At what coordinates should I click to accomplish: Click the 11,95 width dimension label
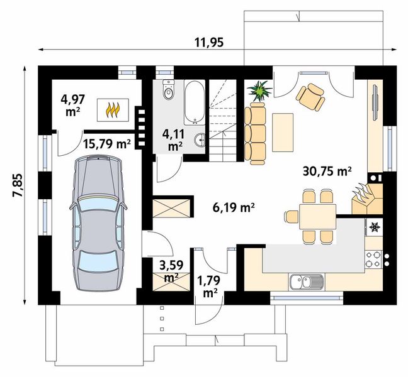tap(209, 42)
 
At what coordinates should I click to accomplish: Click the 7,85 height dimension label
tap(18, 185)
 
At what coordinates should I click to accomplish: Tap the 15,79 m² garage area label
tap(107, 143)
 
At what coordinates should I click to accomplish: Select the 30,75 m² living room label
tap(327, 172)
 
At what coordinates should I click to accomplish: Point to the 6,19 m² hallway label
tap(234, 207)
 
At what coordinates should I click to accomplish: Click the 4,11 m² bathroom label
tap(173, 139)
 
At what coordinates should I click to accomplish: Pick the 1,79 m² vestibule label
tap(209, 287)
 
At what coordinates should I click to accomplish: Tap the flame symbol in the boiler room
tap(113, 110)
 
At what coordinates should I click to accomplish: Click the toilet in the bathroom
tap(168, 90)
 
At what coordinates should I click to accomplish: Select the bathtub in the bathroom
tap(195, 102)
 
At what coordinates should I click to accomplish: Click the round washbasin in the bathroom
tap(200, 140)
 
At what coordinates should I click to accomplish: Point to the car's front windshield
tap(98, 203)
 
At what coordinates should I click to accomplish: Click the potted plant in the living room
tap(259, 90)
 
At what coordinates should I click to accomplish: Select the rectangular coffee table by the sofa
tap(283, 133)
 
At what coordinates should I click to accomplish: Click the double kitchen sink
tap(306, 282)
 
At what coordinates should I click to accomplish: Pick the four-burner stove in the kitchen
tap(373, 259)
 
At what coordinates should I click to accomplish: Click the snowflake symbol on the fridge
tap(375, 227)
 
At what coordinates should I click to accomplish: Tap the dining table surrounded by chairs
tap(318, 217)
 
